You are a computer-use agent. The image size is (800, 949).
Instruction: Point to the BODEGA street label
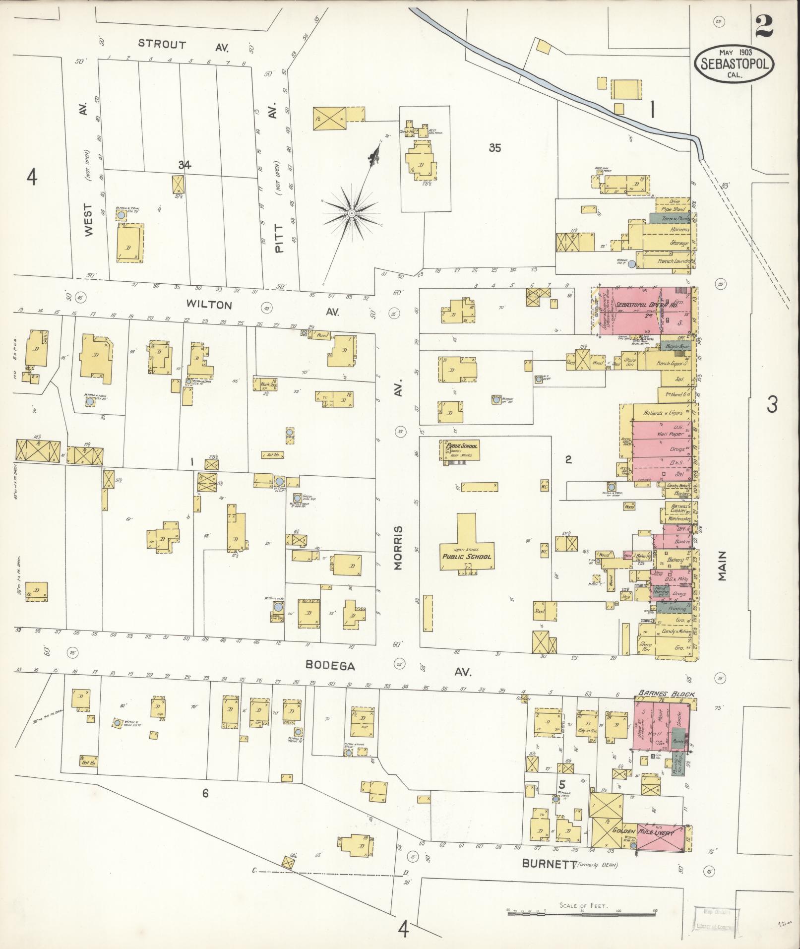pos(330,666)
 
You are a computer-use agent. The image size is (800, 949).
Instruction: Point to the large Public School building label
pos(467,556)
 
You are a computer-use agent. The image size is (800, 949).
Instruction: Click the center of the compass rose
pos(351,213)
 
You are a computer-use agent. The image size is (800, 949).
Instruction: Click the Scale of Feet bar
pos(582,912)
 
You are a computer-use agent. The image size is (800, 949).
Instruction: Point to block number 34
pos(185,165)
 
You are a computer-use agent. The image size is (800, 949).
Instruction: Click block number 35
pos(494,147)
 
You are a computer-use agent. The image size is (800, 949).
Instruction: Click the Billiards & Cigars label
pos(662,413)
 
